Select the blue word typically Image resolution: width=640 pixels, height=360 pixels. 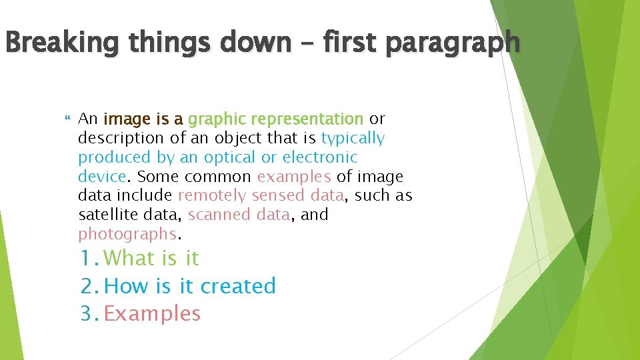(x=353, y=139)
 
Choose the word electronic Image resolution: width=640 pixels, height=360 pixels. (x=320, y=158)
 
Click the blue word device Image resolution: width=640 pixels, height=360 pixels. (x=101, y=177)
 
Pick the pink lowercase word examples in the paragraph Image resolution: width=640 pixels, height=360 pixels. (x=294, y=177)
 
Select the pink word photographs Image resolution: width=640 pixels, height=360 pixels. (x=127, y=235)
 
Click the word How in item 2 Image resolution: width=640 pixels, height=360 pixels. (x=128, y=286)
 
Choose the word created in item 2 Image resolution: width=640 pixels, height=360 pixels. (x=238, y=286)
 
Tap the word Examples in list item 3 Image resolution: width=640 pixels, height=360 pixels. (x=153, y=313)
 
